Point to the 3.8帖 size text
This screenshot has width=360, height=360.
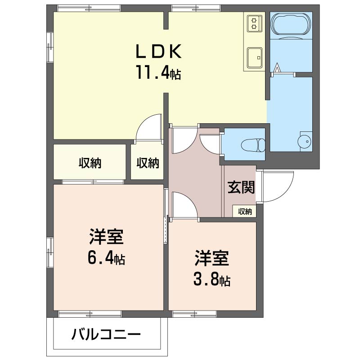coord(211,280)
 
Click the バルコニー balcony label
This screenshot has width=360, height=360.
coord(106,334)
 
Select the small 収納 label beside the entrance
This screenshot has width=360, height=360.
coord(245,211)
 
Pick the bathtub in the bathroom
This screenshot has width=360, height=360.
coord(291,24)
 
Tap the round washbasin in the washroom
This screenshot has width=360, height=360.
coord(305,141)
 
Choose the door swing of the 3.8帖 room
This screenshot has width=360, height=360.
coord(184,206)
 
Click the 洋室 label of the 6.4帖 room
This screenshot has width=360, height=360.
coord(106,237)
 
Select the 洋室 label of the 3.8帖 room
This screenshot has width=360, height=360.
coord(211,258)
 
